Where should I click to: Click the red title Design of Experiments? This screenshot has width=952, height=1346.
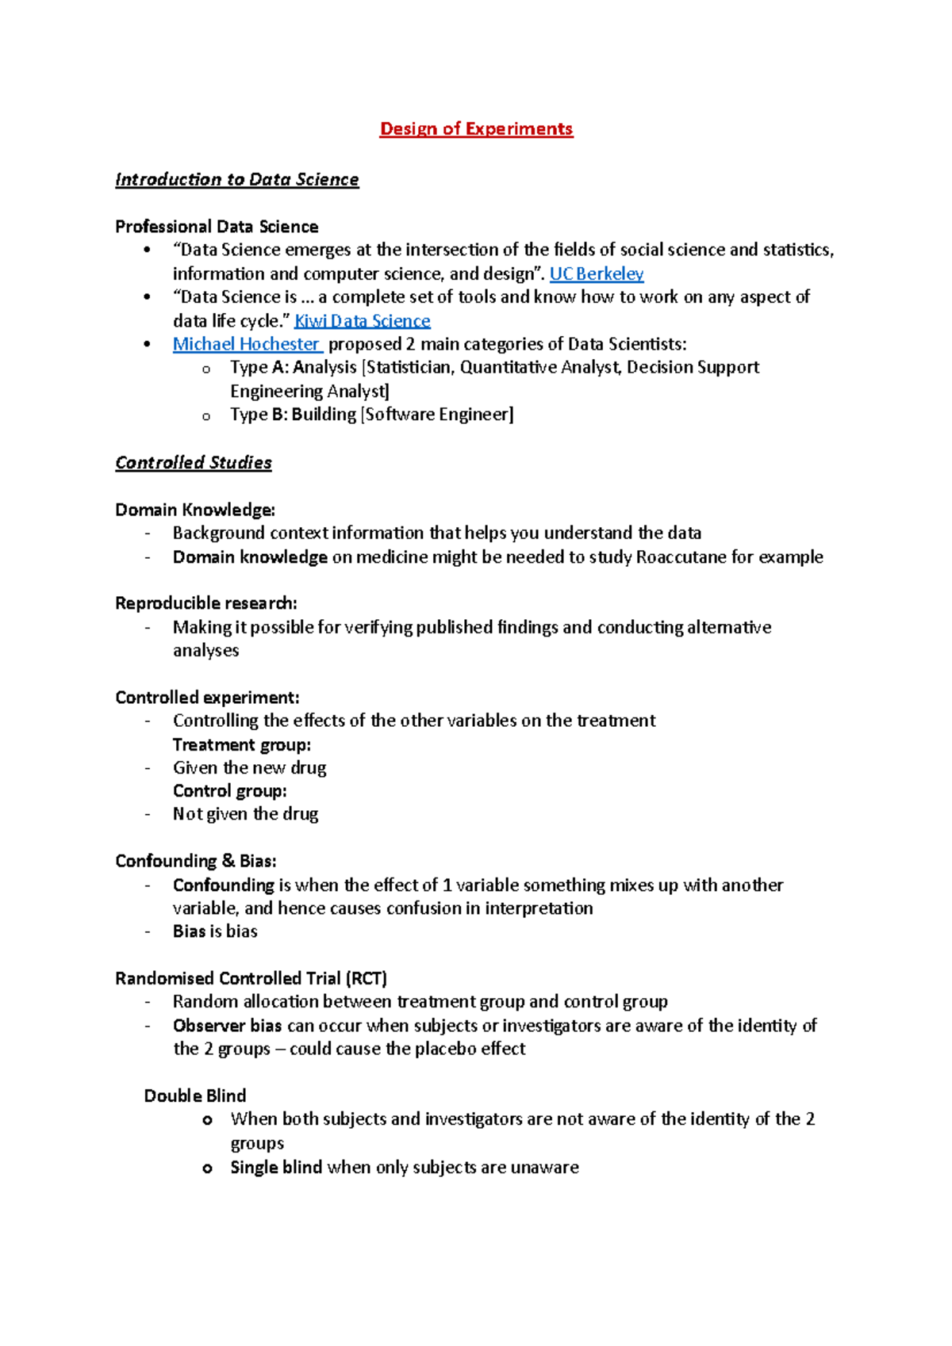(x=476, y=129)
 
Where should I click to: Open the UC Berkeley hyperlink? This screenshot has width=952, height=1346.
(x=596, y=274)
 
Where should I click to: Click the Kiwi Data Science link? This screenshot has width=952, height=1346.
(x=362, y=321)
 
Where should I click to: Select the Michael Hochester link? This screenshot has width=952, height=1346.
(x=247, y=344)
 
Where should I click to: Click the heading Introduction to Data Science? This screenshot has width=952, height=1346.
(x=236, y=180)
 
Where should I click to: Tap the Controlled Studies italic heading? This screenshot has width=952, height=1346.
(x=194, y=463)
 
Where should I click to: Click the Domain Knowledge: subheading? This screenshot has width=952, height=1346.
(x=195, y=510)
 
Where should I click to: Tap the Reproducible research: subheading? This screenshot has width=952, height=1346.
(x=206, y=603)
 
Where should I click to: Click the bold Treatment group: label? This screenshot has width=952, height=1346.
(x=242, y=745)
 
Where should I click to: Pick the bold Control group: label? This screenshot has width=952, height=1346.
(x=230, y=791)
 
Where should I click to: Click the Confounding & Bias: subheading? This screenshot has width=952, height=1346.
(x=196, y=861)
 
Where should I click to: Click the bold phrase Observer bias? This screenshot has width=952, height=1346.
(x=228, y=1026)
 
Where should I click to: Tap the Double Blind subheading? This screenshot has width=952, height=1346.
(x=195, y=1096)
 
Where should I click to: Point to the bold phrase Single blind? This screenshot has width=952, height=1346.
(x=276, y=1167)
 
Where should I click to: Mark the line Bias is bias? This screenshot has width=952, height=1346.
(x=215, y=931)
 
